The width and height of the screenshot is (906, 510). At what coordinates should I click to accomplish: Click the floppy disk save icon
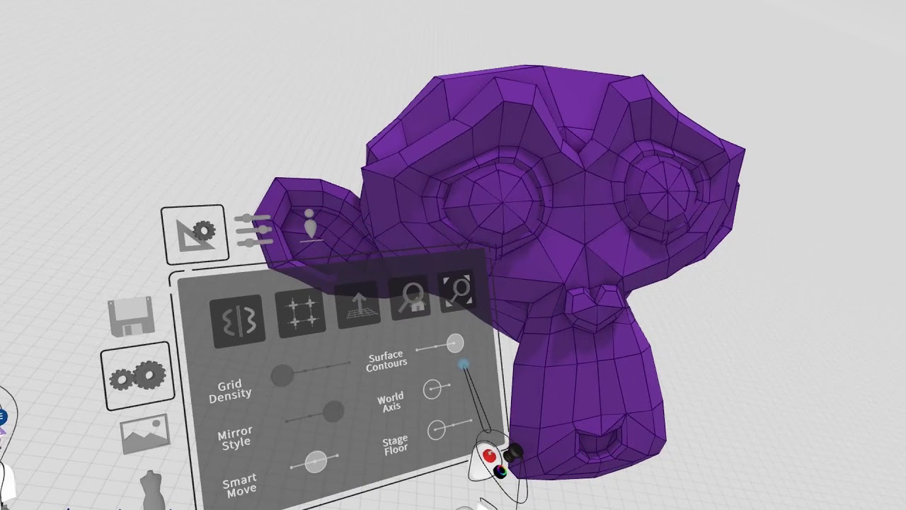131,317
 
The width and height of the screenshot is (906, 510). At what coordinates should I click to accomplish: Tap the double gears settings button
137,376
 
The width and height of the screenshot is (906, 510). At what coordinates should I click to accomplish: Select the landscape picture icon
145,433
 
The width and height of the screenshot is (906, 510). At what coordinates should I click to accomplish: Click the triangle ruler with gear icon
195,234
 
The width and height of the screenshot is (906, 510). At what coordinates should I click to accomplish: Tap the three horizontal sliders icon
253,230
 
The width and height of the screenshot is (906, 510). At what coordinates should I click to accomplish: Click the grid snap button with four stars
300,313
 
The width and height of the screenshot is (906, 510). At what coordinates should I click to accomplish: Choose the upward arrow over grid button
357,305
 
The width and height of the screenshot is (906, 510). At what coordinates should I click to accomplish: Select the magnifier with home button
409,297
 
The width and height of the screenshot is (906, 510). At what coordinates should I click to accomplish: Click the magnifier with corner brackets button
457,290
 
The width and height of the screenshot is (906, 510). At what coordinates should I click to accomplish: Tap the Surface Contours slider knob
455,344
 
